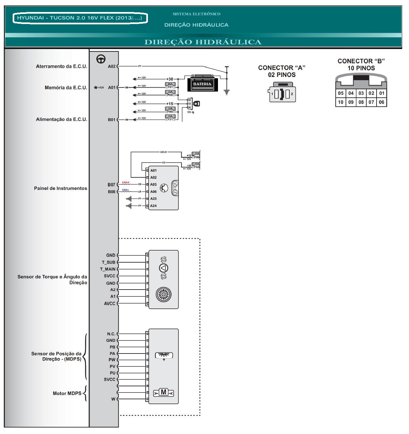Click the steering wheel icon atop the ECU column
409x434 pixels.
[101, 59]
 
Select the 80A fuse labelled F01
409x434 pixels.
[170, 86]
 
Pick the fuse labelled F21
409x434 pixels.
[170, 118]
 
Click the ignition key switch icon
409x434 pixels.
[196, 104]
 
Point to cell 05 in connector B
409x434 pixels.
[341, 93]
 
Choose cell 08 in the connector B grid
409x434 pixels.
[361, 102]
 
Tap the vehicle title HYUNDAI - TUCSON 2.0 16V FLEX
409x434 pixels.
[80, 18]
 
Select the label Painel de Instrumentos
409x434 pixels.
[61, 188]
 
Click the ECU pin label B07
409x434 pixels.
[111, 185]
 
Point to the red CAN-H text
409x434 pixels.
[126, 182]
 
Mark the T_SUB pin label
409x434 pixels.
[109, 262]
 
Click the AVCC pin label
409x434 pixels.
[110, 304]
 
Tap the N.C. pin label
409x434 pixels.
[111, 334]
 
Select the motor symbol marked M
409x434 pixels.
[163, 392]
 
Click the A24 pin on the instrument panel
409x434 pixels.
[153, 206]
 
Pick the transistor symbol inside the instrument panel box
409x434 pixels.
[164, 188]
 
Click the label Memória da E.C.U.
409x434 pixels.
[66, 88]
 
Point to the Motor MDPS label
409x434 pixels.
[67, 393]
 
